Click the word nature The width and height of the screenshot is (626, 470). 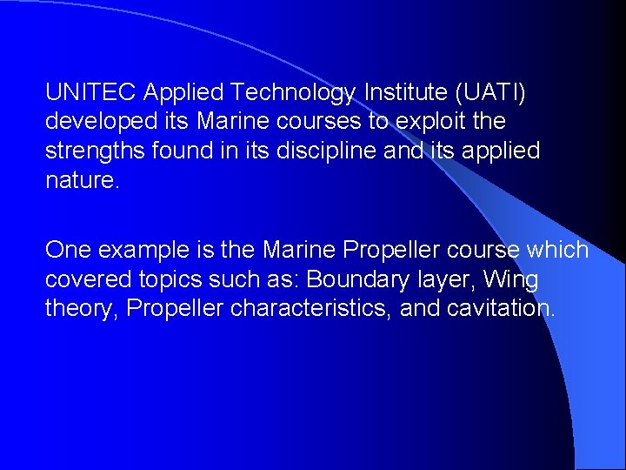tap(81, 181)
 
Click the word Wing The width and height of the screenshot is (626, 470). tap(511, 280)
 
